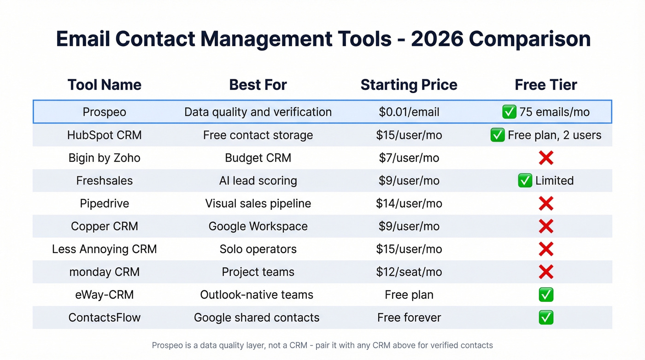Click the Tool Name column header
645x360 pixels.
104,85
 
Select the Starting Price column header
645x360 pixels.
409,85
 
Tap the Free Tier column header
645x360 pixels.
545,85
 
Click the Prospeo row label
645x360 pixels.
104,112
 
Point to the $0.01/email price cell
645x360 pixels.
409,112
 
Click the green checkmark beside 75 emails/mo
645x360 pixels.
509,112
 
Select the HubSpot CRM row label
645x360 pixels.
104,135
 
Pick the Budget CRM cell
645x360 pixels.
258,158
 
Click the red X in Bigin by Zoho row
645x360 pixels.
546,158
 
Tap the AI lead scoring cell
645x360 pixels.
258,181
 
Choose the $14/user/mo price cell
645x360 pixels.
409,203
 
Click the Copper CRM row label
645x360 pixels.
104,226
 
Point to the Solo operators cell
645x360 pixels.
258,249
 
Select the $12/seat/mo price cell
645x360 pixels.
409,272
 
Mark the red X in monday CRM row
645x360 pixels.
546,272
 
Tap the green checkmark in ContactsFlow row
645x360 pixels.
546,318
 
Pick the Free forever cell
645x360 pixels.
409,318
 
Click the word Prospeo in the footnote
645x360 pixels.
166,345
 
